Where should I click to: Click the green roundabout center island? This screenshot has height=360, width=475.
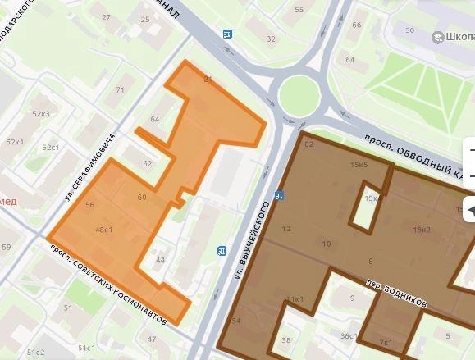click(x=299, y=95)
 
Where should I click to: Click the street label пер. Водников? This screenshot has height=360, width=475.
click(x=397, y=293)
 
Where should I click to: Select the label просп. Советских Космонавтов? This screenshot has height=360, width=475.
click(x=107, y=284)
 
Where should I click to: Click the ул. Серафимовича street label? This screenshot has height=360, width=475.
click(x=89, y=167)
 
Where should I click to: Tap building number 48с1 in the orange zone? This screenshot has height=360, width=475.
click(x=103, y=230)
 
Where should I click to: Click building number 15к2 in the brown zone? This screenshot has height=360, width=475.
click(x=422, y=230)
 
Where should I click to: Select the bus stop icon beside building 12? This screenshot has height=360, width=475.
click(x=280, y=196)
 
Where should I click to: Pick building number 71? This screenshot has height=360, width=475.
click(x=120, y=90)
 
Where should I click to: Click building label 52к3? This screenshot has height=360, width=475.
click(x=40, y=114)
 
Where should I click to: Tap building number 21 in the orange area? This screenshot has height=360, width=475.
click(x=208, y=80)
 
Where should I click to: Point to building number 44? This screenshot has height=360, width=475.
click(x=160, y=261)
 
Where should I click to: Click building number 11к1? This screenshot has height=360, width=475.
click(x=295, y=300)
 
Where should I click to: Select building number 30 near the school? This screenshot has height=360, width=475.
click(x=409, y=31)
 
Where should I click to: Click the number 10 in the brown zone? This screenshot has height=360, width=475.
click(x=327, y=244)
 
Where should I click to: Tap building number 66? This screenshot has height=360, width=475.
click(x=356, y=25)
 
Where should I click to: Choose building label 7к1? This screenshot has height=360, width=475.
click(x=386, y=341)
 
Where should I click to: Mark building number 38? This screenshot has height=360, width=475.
click(x=285, y=340)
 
